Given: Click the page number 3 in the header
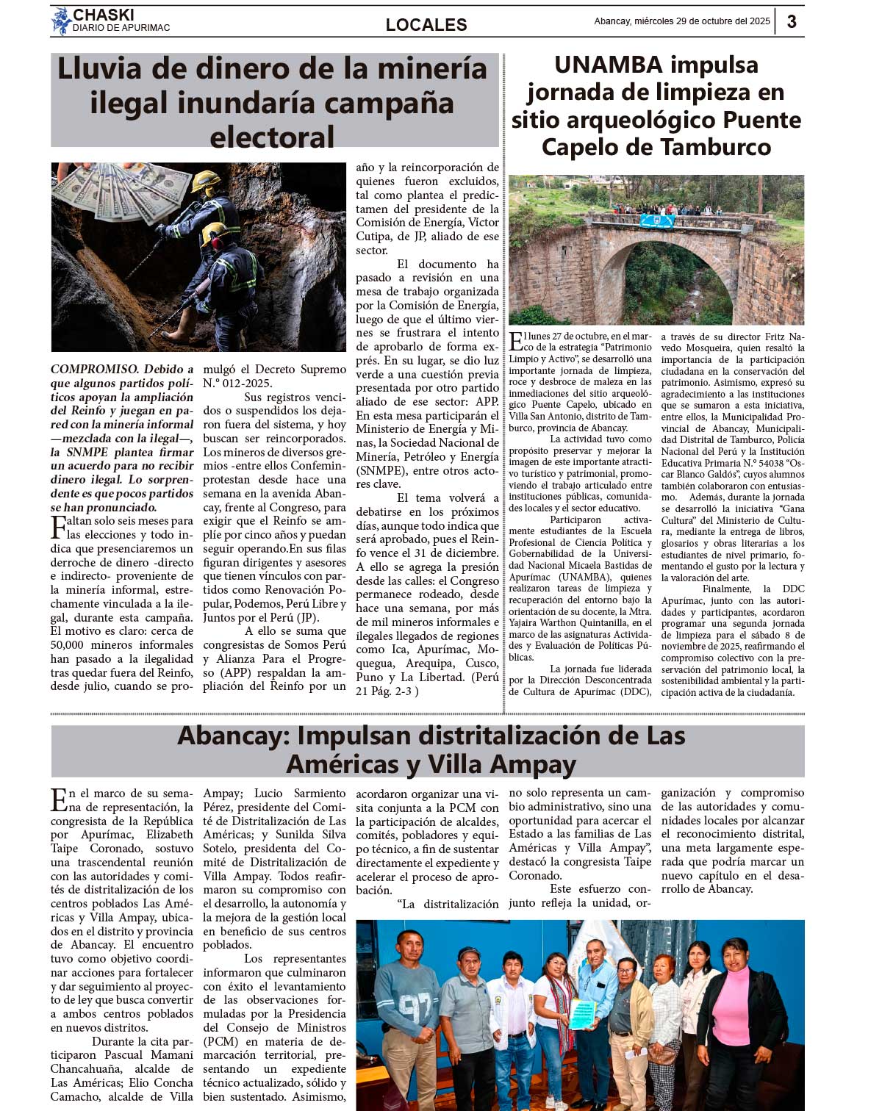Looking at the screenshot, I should pos(792,21).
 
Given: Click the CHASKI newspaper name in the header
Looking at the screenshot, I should pos(103,15).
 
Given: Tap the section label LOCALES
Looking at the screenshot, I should pos(426,24).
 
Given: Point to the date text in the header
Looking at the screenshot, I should pos(681,21).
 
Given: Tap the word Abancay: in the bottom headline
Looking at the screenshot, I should pos(234,736).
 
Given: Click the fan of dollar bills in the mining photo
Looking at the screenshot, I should pos(118,189).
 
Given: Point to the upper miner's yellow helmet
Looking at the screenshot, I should pos(206,179).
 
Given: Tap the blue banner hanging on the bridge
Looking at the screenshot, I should pos(656,220).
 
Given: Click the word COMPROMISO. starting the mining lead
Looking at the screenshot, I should pos(95,370).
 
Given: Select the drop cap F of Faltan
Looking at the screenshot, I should pos(58,527).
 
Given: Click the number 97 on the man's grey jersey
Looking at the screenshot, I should pos(415,1004).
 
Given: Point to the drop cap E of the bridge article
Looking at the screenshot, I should pos(516,342).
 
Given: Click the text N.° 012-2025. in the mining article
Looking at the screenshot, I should pos(237,383).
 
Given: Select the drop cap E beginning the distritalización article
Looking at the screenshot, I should pos(59,799).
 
